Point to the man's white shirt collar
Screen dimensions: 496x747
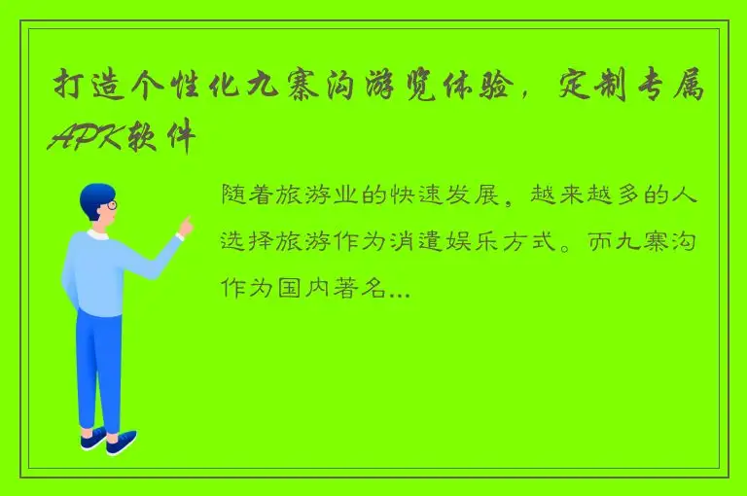[98, 234]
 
